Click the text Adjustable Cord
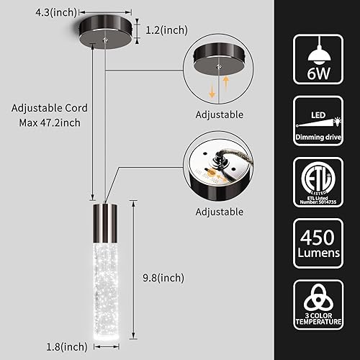50,108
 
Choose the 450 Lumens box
318,250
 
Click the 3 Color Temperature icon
318,315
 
